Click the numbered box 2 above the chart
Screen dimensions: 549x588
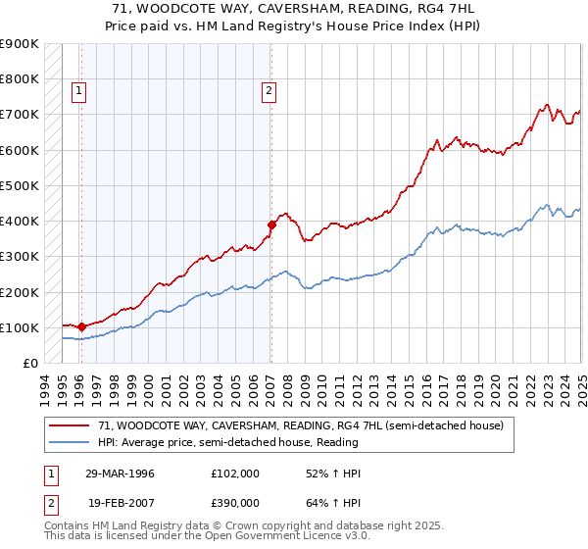(269, 92)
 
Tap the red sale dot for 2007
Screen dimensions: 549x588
(271, 225)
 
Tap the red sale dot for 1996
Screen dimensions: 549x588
(81, 326)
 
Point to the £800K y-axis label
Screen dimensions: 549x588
(20, 79)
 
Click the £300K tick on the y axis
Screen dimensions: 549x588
(20, 257)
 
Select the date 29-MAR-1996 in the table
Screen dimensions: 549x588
(122, 474)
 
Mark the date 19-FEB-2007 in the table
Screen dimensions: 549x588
(122, 502)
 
